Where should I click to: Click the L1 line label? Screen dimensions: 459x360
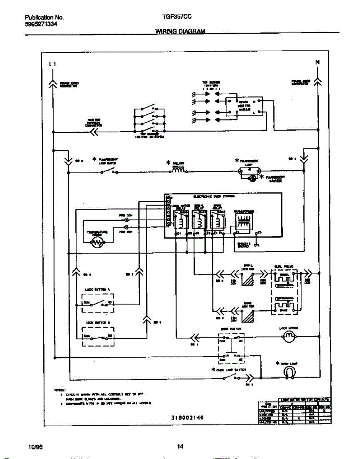coord(53,64)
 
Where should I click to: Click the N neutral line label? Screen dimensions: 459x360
coord(317,62)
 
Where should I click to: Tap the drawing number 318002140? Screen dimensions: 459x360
coord(185,418)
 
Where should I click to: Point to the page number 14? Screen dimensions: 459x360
coord(180,446)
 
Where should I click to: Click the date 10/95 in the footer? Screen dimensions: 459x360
coord(34,446)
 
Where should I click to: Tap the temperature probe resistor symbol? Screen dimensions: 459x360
coord(98,242)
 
